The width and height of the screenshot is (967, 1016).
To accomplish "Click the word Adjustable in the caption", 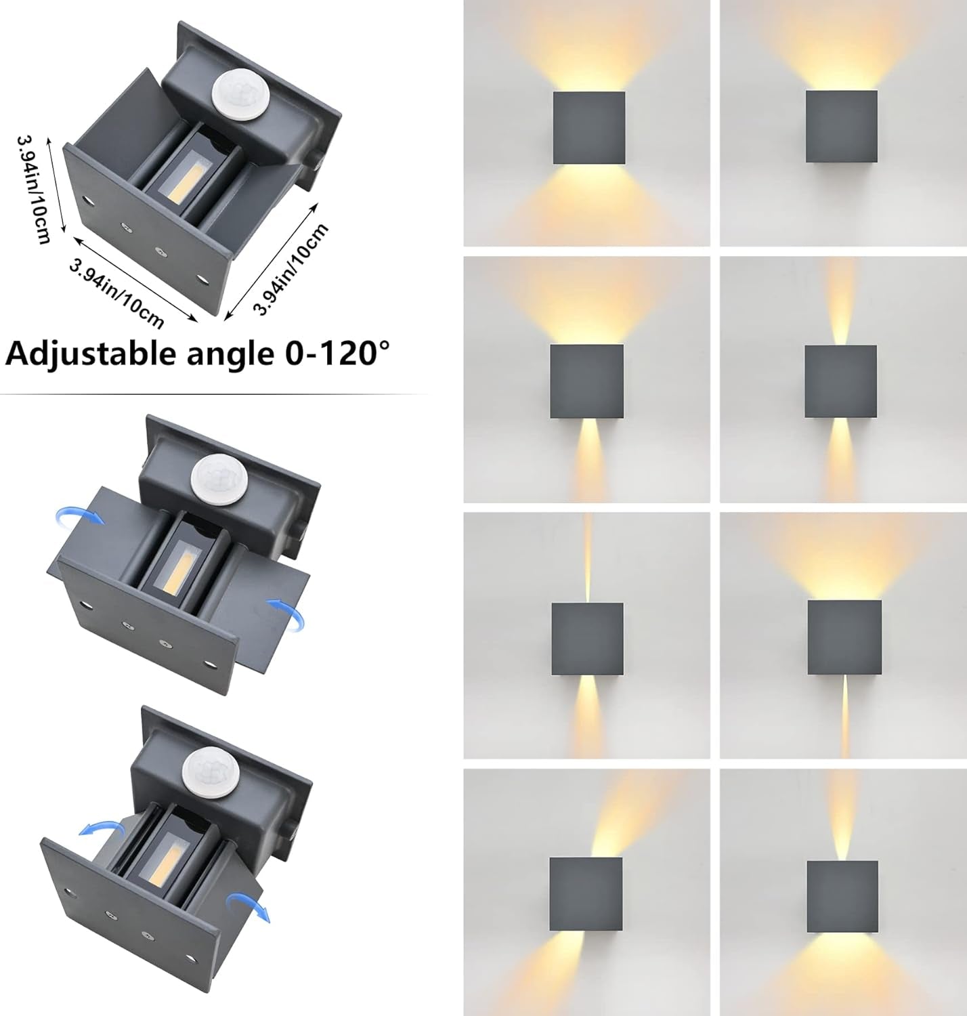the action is click(90, 354).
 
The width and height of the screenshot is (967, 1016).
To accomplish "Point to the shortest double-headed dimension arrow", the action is click(56, 185).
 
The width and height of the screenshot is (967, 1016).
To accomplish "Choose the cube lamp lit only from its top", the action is click(842, 127).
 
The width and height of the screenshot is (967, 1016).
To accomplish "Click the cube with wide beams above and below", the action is click(589, 128).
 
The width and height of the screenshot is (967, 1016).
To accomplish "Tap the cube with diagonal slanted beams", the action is click(586, 895).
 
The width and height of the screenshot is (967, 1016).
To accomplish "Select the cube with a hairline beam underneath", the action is click(844, 637).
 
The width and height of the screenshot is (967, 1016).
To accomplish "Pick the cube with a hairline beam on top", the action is click(587, 639).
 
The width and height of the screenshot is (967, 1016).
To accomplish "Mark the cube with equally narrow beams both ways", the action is click(841, 381).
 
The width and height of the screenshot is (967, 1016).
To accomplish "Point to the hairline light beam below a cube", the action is click(845, 717).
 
